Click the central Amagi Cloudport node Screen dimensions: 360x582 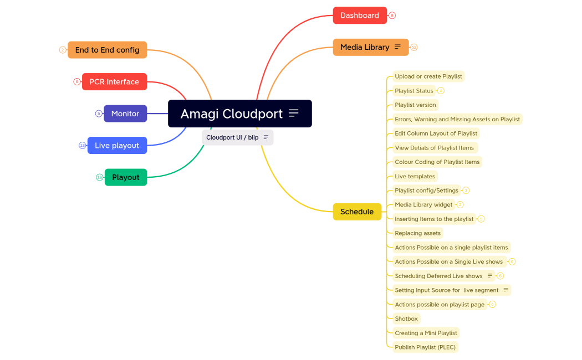pos(232,114)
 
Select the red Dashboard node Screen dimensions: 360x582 pos(359,16)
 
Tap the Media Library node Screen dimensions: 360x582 pos(365,47)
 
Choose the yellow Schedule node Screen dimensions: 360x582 pos(357,212)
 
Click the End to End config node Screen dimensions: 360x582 pos(107,50)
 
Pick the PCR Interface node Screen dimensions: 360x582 pos(114,81)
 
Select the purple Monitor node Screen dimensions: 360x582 pos(125,114)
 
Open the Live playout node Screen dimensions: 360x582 pos(117,145)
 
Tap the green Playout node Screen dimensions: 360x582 pos(126,177)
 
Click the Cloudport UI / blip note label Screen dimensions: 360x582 pos(232,137)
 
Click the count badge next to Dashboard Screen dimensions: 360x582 pos(392,16)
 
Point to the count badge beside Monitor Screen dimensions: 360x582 pos(99,114)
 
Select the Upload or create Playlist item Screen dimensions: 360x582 pos(427,76)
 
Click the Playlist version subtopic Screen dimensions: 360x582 pos(415,105)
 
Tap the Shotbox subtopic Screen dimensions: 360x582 pos(406,318)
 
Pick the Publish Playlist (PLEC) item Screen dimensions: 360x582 pos(426,347)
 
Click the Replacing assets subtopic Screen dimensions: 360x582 pos(417,233)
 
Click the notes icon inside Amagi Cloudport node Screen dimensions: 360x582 pos(294,114)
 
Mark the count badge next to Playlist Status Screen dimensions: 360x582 pos(441,91)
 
